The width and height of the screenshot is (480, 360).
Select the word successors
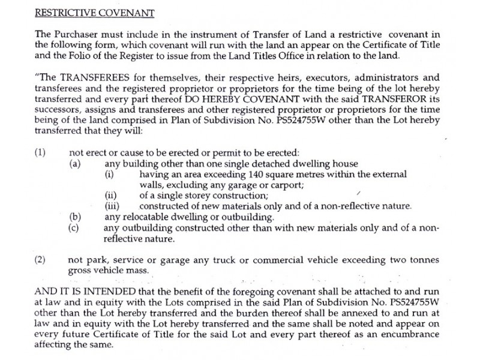(58, 110)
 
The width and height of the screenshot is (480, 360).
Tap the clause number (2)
(40, 260)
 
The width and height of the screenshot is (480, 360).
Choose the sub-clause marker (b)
(76, 217)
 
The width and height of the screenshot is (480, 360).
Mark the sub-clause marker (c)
(76, 228)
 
